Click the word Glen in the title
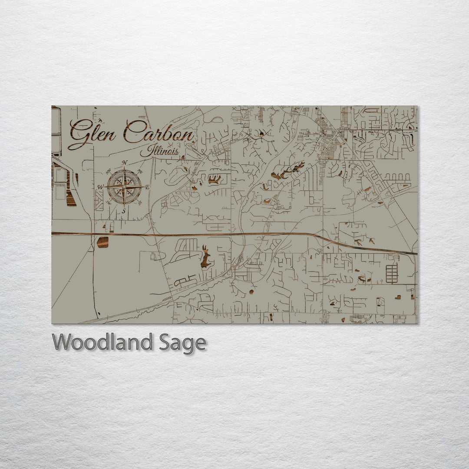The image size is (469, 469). click(92, 133)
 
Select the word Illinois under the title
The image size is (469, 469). click(160, 152)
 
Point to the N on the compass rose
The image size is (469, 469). click(125, 163)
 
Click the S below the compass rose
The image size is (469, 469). click(123, 211)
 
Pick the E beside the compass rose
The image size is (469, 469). click(147, 187)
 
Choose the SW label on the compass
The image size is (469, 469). click(109, 203)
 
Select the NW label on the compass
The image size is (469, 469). click(109, 171)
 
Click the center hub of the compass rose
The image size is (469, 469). click(124, 187)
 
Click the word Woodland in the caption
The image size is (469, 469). click(102, 343)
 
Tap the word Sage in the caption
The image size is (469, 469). click(182, 343)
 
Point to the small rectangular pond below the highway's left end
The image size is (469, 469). click(102, 242)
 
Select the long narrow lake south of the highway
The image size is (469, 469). click(205, 258)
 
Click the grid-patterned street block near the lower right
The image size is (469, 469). click(392, 274)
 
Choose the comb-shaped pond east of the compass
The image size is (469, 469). click(214, 179)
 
